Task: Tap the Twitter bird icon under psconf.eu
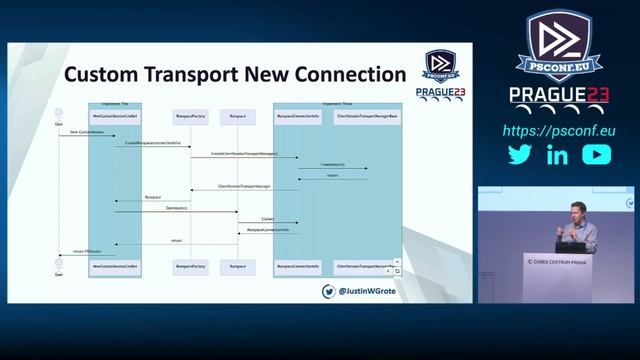[519, 155]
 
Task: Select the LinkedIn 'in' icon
[557, 155]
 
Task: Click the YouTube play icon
[596, 155]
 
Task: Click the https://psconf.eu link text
[558, 131]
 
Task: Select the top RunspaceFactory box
[190, 117]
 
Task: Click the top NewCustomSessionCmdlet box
[115, 117]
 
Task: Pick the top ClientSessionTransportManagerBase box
[367, 117]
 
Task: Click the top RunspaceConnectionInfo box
[298, 117]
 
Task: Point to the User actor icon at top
[59, 113]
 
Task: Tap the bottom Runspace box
[238, 267]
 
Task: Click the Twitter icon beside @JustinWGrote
[328, 291]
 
